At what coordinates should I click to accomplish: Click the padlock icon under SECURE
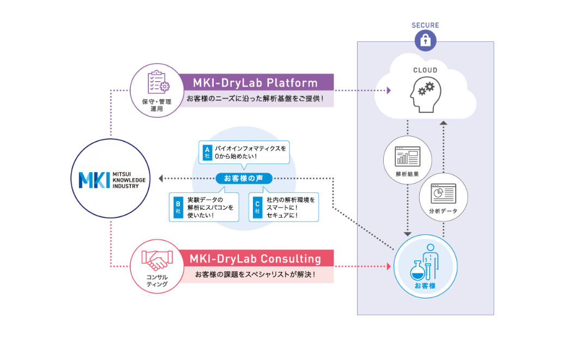425,40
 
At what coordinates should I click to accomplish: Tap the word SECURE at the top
425,25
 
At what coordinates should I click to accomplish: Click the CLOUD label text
425,70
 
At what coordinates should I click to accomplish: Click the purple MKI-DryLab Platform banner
255,83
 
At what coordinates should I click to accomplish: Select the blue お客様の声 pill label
244,178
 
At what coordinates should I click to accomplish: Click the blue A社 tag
207,151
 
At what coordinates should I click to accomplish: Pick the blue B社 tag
178,206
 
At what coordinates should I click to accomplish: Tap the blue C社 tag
257,206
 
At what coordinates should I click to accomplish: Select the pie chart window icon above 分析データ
443,192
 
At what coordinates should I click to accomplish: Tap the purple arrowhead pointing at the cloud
390,91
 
